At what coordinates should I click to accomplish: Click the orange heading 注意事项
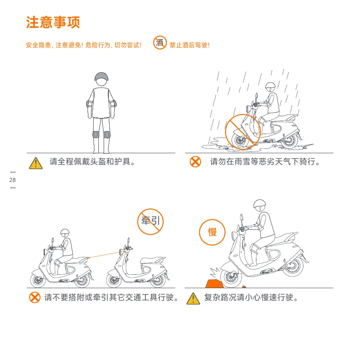click(x=53, y=22)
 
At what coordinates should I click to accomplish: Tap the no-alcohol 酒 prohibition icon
click(x=160, y=43)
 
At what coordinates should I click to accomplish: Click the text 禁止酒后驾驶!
click(x=189, y=45)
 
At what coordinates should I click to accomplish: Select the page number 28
click(x=13, y=180)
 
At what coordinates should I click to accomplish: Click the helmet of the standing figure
click(x=101, y=77)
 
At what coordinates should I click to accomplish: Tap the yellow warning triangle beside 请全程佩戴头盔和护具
click(x=36, y=163)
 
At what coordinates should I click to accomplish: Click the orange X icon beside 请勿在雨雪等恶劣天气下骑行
click(x=195, y=161)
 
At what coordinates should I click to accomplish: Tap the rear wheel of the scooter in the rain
click(x=289, y=141)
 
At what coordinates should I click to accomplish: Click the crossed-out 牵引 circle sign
click(x=150, y=222)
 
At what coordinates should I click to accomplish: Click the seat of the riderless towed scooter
click(x=152, y=260)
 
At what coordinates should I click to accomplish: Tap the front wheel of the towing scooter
click(x=38, y=280)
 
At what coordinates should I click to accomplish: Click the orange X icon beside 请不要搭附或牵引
click(x=35, y=297)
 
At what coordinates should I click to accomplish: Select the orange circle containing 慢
click(x=212, y=232)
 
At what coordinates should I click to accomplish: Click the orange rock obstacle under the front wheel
click(x=214, y=284)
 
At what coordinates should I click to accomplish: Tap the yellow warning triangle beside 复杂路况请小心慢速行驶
click(x=193, y=299)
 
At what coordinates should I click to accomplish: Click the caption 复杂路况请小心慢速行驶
click(x=251, y=297)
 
